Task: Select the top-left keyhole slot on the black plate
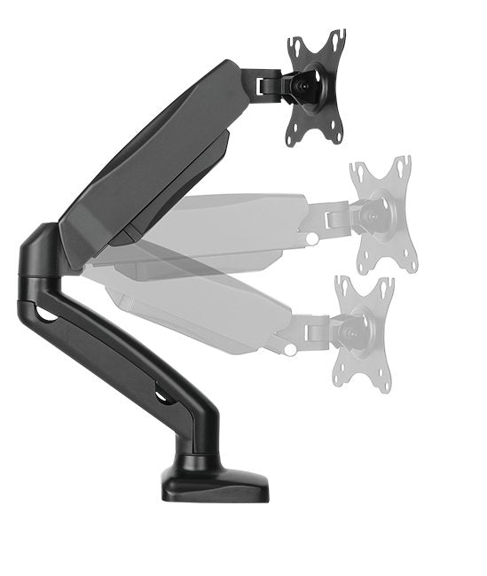coord(294,47)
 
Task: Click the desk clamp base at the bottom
coord(215,485)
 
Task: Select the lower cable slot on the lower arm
coord(164,396)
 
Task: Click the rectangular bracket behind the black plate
coord(265,85)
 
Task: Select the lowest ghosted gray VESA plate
coord(364,331)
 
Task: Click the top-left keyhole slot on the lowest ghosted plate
coord(342,284)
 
